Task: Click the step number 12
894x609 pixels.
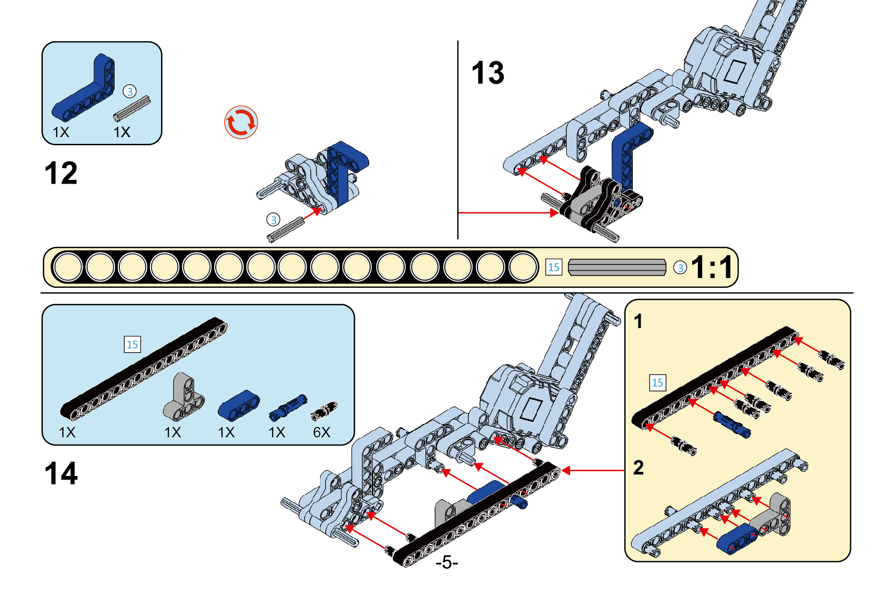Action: click(61, 173)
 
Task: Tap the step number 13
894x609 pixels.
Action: click(488, 73)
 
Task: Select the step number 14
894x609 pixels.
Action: click(61, 474)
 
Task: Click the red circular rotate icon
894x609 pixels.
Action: click(241, 123)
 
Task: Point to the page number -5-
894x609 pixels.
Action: click(446, 562)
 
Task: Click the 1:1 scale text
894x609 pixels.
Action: click(712, 267)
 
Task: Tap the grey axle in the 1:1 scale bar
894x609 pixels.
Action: click(617, 268)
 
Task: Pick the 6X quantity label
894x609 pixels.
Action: click(322, 432)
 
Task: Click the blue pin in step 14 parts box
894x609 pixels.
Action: click(288, 407)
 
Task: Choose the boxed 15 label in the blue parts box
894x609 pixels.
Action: click(132, 344)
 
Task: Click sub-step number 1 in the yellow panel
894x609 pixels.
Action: click(638, 321)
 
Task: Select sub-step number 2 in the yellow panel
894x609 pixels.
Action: click(638, 468)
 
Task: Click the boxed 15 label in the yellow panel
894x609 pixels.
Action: click(657, 383)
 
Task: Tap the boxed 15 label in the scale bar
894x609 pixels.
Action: click(553, 267)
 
